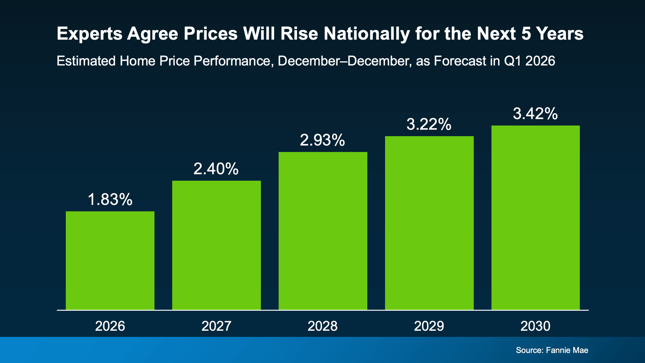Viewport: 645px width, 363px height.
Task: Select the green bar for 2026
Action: [110, 261]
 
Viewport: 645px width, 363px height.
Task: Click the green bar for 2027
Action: [216, 245]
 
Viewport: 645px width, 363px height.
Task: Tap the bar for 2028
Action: [323, 231]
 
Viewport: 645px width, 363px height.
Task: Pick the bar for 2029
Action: [429, 223]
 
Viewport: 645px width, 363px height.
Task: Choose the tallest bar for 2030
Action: [535, 218]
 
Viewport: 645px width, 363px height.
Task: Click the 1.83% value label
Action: [110, 200]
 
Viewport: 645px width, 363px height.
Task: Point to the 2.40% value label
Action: [216, 169]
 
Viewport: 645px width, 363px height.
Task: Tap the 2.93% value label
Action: [322, 140]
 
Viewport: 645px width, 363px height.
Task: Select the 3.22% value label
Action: [429, 124]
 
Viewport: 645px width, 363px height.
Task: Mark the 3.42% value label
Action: [535, 114]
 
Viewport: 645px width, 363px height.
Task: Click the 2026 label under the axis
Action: [110, 326]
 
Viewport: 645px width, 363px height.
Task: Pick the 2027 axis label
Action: [216, 326]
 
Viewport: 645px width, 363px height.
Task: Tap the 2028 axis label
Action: [322, 326]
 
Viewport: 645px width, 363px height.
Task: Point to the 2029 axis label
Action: [429, 326]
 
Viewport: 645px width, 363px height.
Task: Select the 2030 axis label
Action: [535, 326]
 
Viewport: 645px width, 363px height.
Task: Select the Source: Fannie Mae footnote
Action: [552, 350]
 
